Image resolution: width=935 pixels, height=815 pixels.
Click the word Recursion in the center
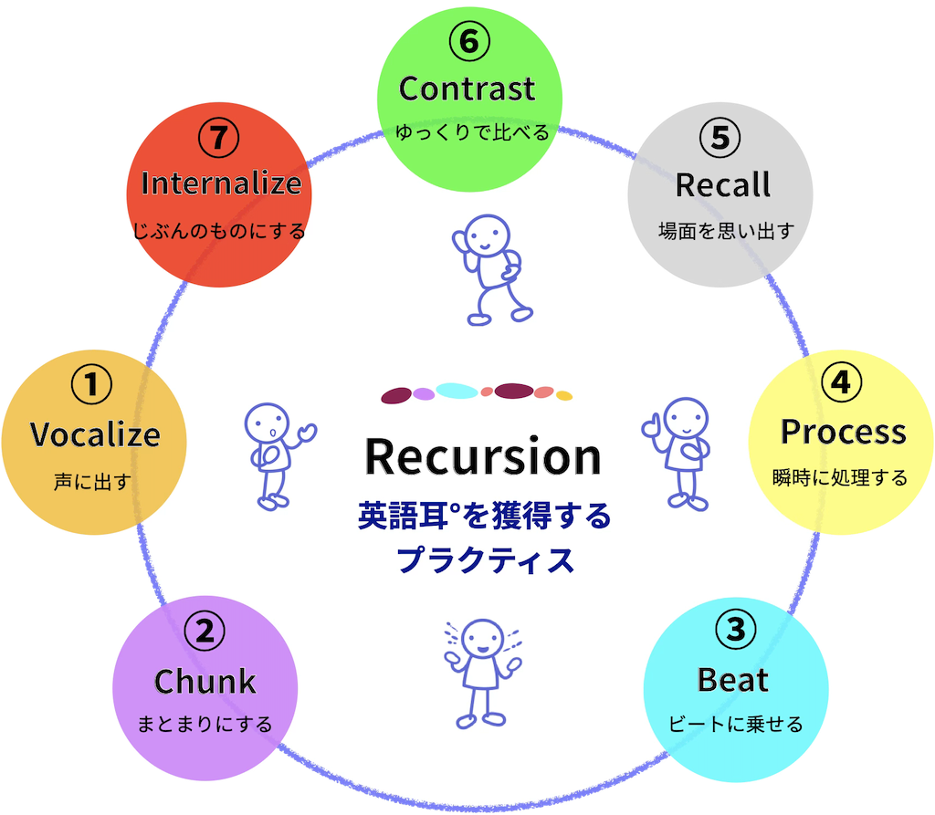pyautogui.click(x=483, y=456)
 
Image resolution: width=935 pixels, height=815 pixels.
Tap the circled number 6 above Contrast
pyautogui.click(x=469, y=41)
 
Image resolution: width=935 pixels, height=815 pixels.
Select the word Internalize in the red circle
pyautogui.click(x=221, y=183)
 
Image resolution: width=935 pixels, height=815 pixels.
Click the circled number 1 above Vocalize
pyautogui.click(x=91, y=384)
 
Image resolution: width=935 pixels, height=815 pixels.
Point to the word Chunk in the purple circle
pyautogui.click(x=205, y=682)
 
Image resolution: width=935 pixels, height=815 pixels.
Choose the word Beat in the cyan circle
pyautogui.click(x=733, y=680)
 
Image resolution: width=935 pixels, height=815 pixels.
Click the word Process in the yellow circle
pyautogui.click(x=843, y=433)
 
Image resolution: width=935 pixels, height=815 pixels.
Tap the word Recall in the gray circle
pyautogui.click(x=723, y=185)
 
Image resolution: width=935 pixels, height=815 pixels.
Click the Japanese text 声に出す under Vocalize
pyautogui.click(x=92, y=481)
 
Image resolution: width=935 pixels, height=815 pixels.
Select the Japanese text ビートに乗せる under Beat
pyautogui.click(x=735, y=724)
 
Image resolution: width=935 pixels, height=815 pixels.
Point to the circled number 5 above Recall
pyautogui.click(x=720, y=138)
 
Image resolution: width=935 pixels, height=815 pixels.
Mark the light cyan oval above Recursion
pyautogui.click(x=457, y=392)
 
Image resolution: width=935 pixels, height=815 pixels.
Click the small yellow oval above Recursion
pyautogui.click(x=564, y=395)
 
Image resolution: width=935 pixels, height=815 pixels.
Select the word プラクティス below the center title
pyautogui.click(x=485, y=560)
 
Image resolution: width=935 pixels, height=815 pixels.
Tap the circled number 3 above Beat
pyautogui.click(x=735, y=630)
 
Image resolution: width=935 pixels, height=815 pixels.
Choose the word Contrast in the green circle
pyautogui.click(x=467, y=89)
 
